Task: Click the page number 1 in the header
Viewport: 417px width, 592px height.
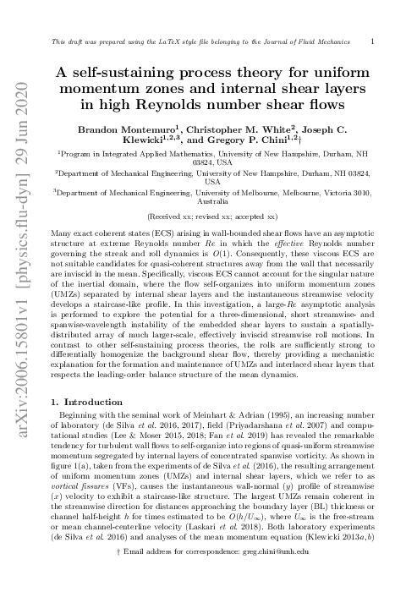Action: point(374,40)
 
